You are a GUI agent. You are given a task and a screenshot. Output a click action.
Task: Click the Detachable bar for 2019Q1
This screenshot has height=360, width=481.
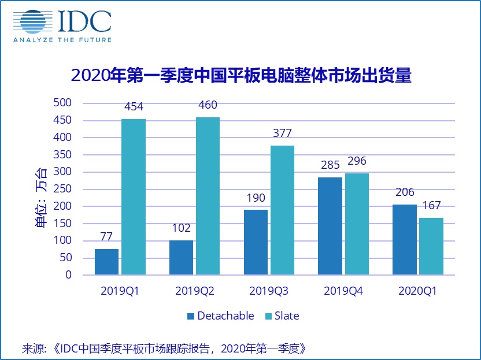point(106,262)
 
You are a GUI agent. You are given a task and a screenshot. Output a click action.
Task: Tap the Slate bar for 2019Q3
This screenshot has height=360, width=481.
point(282,210)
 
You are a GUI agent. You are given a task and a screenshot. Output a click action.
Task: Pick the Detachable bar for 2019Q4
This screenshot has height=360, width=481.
point(330,226)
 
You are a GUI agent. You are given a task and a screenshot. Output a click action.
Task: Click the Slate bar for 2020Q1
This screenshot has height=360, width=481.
point(431,246)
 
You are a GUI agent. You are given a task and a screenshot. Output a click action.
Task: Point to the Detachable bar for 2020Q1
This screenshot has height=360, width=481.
point(405,240)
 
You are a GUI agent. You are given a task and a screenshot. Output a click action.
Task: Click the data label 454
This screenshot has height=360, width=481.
point(133,107)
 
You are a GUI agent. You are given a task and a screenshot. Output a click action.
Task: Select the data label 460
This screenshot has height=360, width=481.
point(208,105)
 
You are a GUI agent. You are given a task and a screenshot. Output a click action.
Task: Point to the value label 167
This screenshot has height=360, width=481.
point(431,206)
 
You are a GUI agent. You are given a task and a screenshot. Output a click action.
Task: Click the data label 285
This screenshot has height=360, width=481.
point(330,165)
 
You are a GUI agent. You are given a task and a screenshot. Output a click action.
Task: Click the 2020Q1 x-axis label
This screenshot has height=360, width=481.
point(417,291)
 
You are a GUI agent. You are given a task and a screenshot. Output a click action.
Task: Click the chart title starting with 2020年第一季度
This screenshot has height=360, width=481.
point(240,76)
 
